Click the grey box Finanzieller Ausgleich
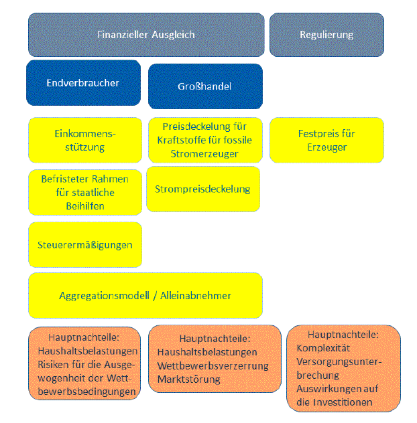coord(145,35)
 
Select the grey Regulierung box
coord(326,35)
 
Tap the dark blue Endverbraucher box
coord(83,84)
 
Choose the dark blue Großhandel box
coord(205,87)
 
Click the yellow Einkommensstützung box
coord(84,140)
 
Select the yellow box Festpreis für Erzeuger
coord(326,140)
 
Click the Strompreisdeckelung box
coord(202,189)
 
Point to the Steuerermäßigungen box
coord(84,245)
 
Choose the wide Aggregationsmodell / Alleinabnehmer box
coord(145,295)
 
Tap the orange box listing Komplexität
coord(343,368)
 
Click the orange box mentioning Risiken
coord(84,363)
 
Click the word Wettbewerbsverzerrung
coord(213,365)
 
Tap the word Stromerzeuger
coord(204,154)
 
